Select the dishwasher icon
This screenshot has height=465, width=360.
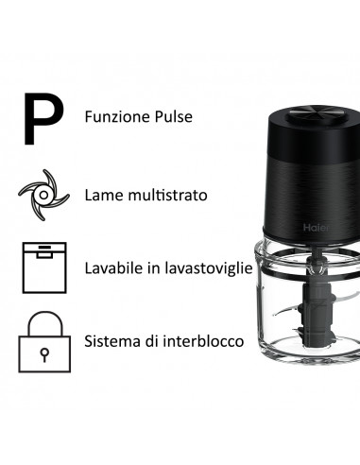(x=43, y=267)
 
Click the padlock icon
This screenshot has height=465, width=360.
(x=43, y=341)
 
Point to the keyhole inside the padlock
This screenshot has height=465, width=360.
(x=43, y=352)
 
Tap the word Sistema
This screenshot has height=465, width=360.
(x=111, y=341)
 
